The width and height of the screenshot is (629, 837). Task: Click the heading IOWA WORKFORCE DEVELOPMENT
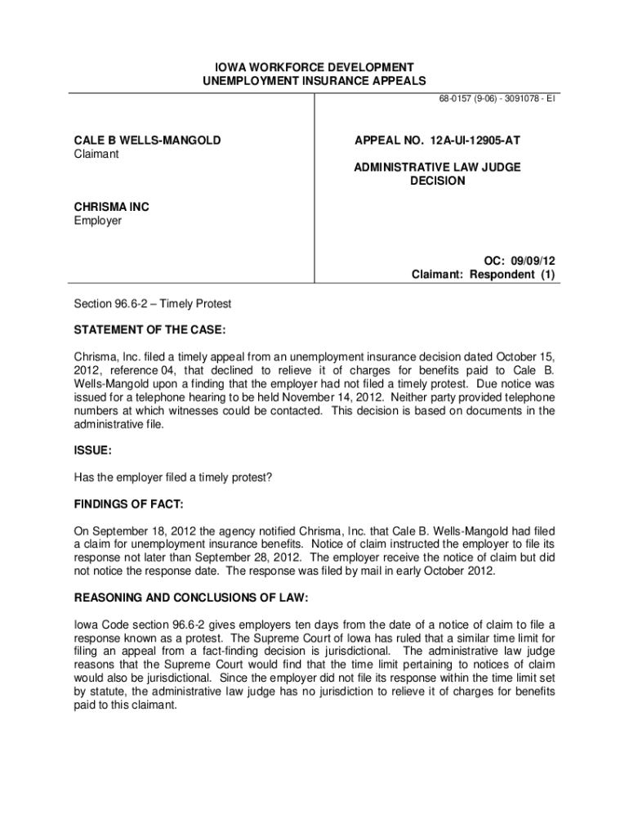click(x=314, y=66)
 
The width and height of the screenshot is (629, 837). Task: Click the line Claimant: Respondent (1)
click(x=483, y=275)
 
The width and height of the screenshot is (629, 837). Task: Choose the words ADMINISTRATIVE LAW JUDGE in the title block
click(x=437, y=168)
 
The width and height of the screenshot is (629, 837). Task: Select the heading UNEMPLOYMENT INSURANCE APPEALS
click(x=314, y=80)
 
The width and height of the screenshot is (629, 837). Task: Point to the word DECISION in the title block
click(x=437, y=181)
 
